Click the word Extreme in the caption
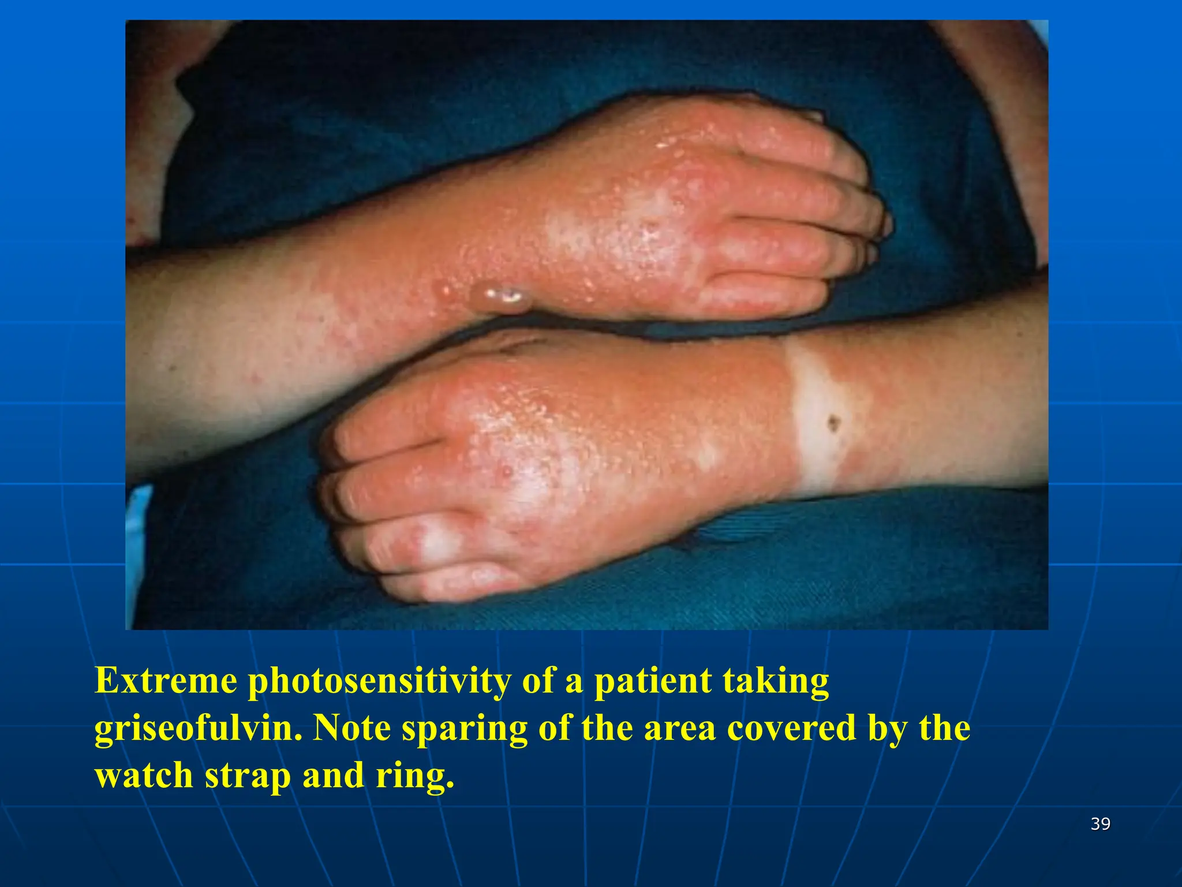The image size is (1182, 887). [166, 681]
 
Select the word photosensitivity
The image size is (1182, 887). [379, 682]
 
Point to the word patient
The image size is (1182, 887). [652, 681]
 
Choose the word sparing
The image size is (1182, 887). [464, 729]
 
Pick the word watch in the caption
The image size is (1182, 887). [144, 775]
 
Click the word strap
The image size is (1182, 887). [248, 776]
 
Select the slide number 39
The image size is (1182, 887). [1101, 824]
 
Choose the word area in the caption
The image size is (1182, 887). [679, 729]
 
